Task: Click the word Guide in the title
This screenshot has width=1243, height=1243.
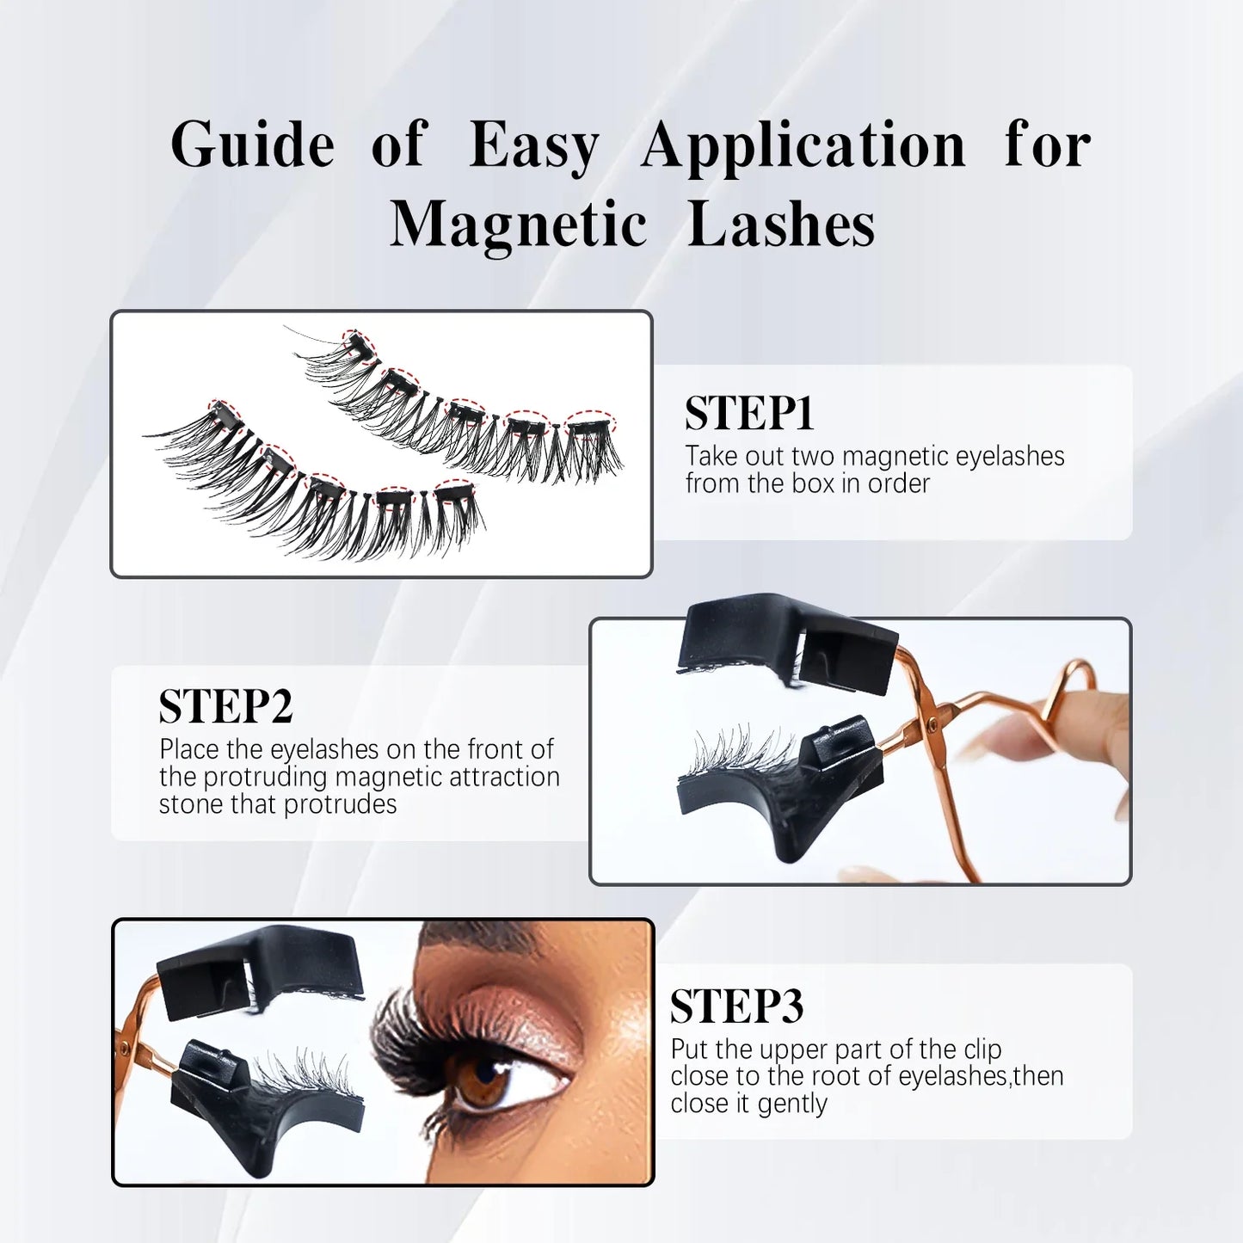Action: click(252, 145)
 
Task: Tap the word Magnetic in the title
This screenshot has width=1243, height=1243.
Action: click(518, 225)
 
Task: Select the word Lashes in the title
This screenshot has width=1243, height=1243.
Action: click(781, 225)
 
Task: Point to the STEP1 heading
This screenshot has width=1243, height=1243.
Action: click(749, 414)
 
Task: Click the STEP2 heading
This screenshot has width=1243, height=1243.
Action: click(225, 707)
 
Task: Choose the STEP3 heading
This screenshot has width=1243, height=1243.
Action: click(736, 1006)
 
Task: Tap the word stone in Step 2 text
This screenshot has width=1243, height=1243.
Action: click(188, 804)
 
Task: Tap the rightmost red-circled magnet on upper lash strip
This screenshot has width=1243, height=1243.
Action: click(590, 423)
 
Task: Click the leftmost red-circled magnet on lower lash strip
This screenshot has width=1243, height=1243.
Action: click(224, 414)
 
